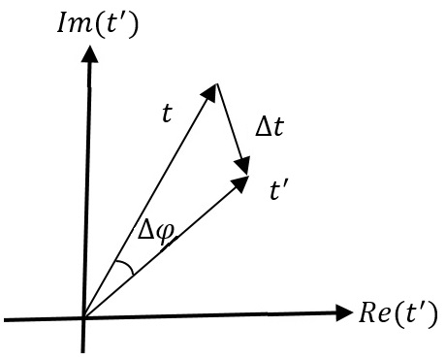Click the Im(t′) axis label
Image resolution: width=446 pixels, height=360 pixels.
[96, 20]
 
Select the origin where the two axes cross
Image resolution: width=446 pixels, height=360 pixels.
[84, 317]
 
